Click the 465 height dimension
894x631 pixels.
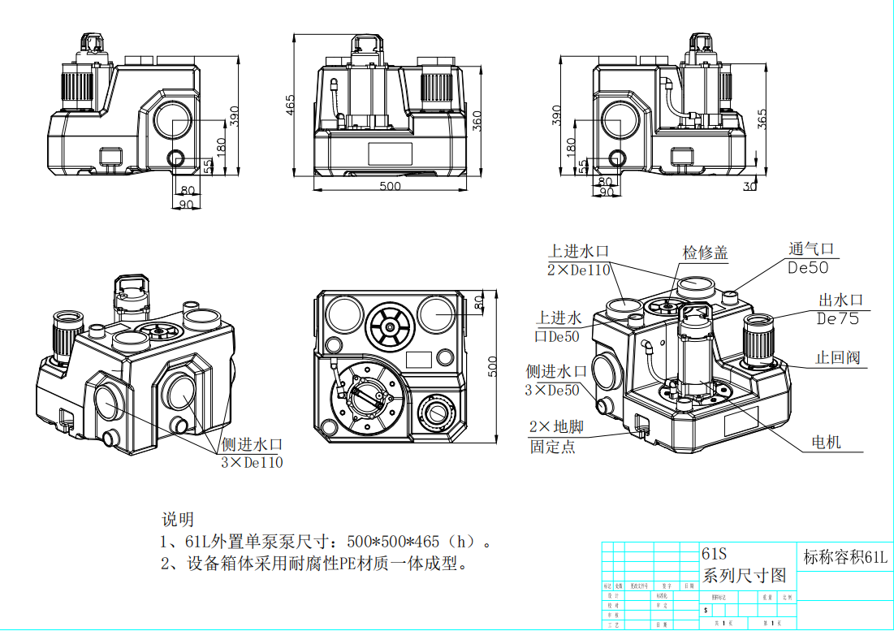click(290, 106)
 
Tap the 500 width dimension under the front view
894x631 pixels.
click(391, 186)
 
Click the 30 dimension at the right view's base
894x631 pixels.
click(750, 186)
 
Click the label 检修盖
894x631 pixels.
click(705, 253)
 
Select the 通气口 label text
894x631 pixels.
click(811, 249)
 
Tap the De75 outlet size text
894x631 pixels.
click(837, 318)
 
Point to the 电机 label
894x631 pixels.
click(827, 443)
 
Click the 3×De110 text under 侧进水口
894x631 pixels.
click(253, 463)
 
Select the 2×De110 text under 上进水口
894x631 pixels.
click(578, 270)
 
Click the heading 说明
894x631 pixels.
click(178, 519)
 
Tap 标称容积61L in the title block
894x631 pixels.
click(845, 557)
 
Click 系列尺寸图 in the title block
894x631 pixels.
click(744, 576)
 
